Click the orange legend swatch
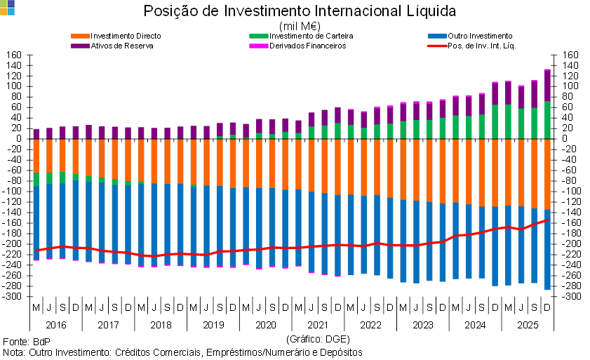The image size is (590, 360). pyautogui.click(x=80, y=36)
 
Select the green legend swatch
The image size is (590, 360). pyautogui.click(x=259, y=36)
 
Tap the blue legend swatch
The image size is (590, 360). pyautogui.click(x=437, y=36)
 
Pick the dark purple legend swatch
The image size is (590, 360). pyautogui.click(x=80, y=46)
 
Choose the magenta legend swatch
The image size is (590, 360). pyautogui.click(x=259, y=46)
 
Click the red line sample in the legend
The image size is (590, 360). pyautogui.click(x=437, y=46)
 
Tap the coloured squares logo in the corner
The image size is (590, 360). pyautogui.click(x=7, y=7)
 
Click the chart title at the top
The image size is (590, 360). pyautogui.click(x=302, y=11)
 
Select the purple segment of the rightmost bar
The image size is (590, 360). pyautogui.click(x=548, y=85)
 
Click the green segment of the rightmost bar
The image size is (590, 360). pyautogui.click(x=548, y=120)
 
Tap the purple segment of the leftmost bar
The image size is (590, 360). pyautogui.click(x=36, y=133)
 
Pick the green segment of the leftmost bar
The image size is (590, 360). pyautogui.click(x=36, y=179)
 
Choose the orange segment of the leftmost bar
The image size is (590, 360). pyautogui.click(x=36, y=155)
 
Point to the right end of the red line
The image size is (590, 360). pyautogui.click(x=547, y=220)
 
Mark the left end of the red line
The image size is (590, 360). pyautogui.click(x=36, y=250)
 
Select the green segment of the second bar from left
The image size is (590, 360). pyautogui.click(x=49, y=178)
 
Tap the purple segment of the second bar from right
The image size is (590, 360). pyautogui.click(x=535, y=93)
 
